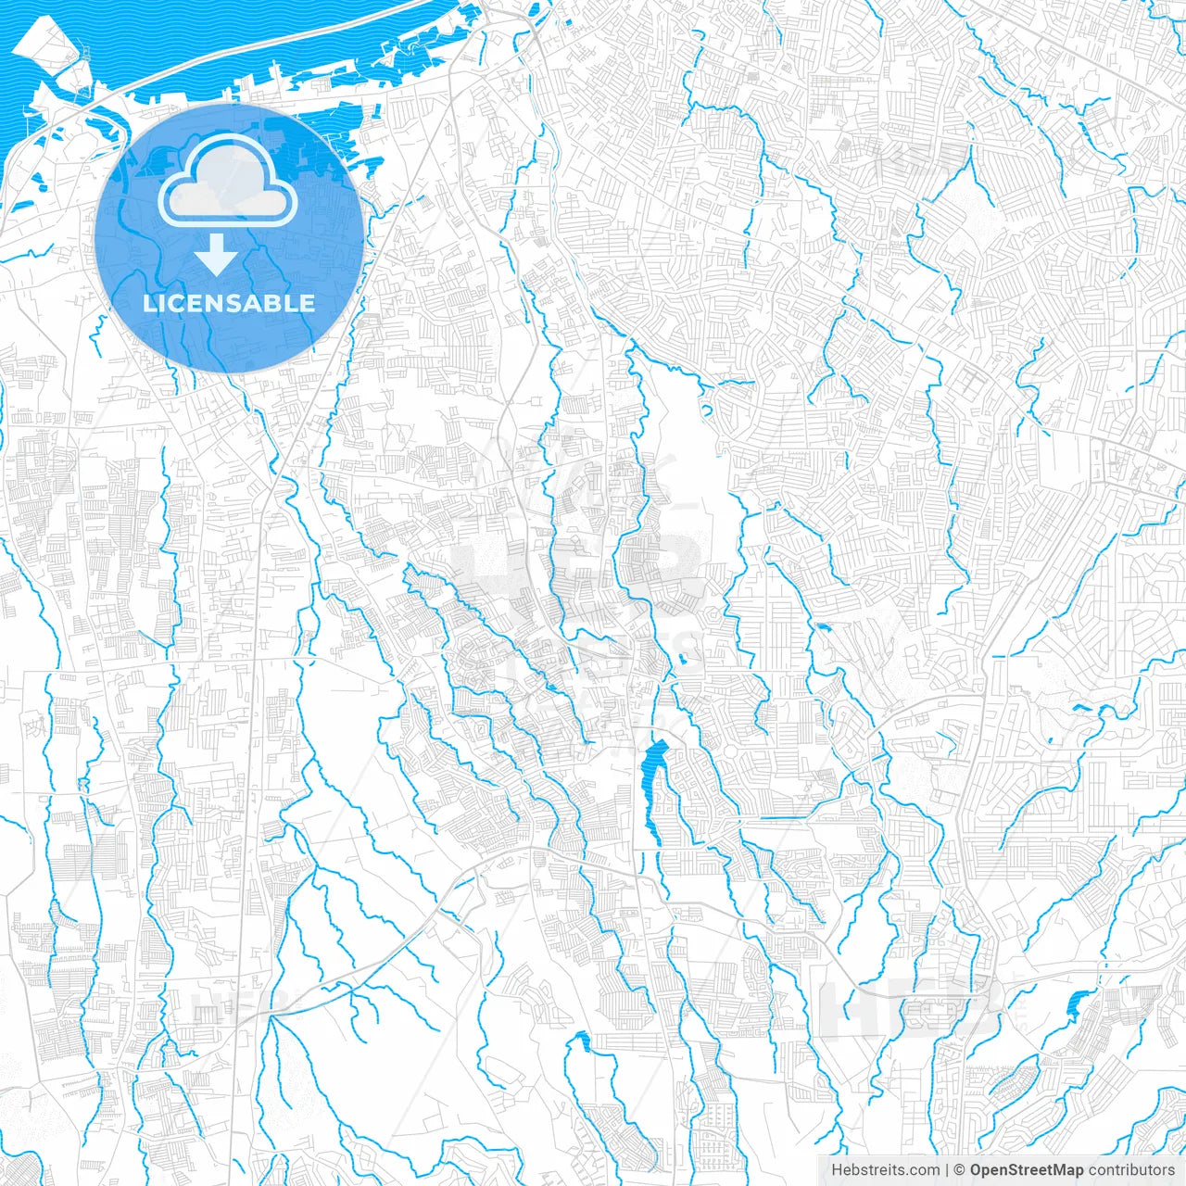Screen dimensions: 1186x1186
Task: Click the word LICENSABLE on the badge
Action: point(229,303)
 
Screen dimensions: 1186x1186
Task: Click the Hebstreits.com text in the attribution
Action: point(885,1170)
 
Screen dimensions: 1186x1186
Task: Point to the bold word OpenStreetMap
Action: point(1026,1170)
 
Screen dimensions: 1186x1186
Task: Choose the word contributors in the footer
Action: point(1131,1170)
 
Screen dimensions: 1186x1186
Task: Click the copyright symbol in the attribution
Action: point(960,1170)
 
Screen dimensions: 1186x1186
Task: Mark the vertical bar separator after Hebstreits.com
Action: point(947,1170)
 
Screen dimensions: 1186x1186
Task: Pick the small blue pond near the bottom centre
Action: point(582,1041)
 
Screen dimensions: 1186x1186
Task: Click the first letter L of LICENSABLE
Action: point(149,303)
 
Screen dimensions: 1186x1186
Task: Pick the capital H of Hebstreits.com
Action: point(836,1170)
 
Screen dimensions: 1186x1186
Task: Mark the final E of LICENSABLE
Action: point(309,303)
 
